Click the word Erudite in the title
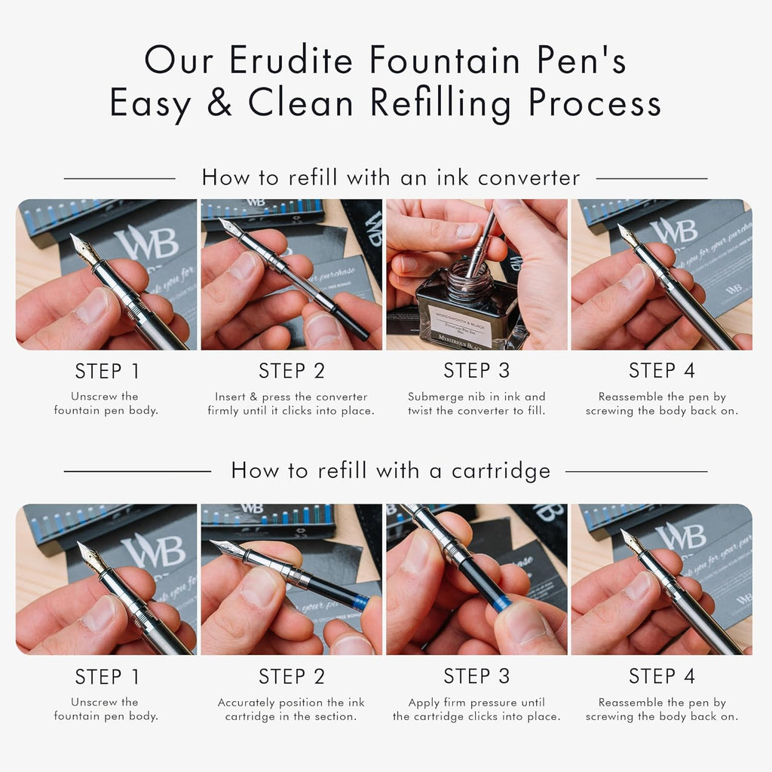pos(291,60)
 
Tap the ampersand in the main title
pos(219,102)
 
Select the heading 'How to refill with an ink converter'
pos(391,177)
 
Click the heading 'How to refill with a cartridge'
pos(391,470)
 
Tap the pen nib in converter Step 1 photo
pos(84,249)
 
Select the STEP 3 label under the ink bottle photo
pos(476,371)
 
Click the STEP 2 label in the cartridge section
pos(292,676)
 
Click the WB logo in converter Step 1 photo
pos(146,244)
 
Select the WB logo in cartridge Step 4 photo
pos(682,537)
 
